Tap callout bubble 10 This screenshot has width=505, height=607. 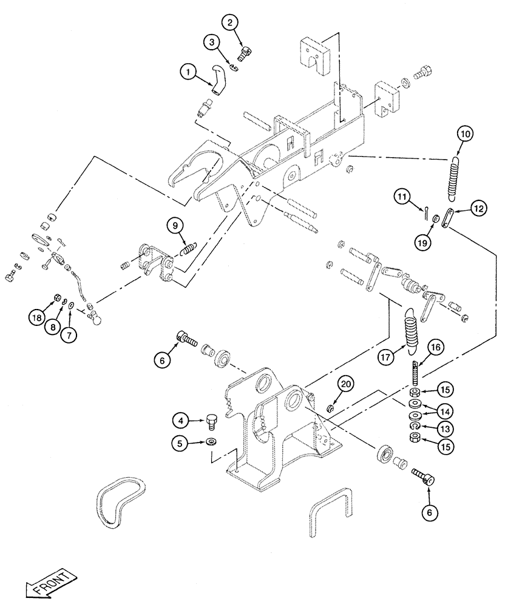pyautogui.click(x=464, y=133)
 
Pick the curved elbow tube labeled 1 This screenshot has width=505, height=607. pyautogui.click(x=219, y=81)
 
